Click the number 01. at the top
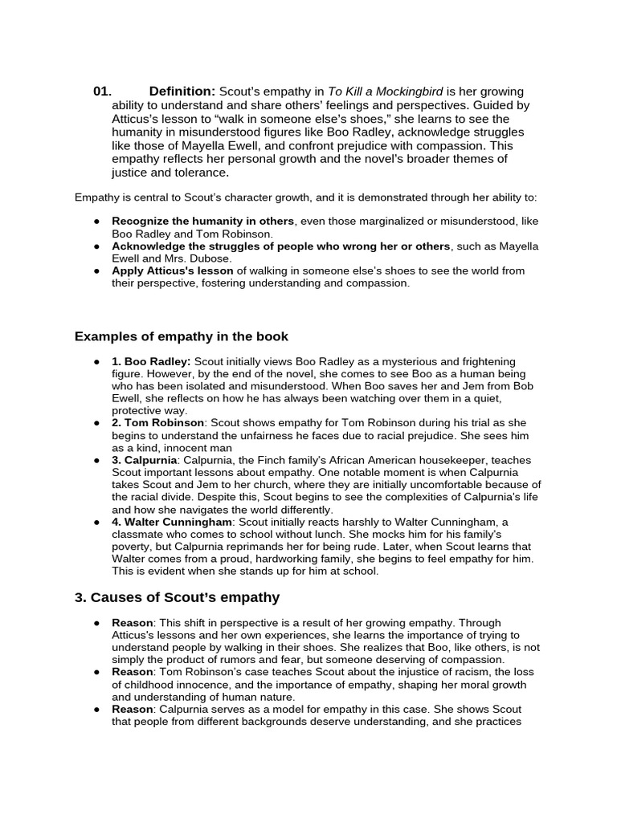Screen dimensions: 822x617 tap(102, 92)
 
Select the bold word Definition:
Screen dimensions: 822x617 tap(182, 92)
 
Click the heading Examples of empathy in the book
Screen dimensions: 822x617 tap(181, 336)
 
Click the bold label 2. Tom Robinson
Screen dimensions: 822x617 tap(159, 422)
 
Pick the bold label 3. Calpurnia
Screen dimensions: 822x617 tap(145, 460)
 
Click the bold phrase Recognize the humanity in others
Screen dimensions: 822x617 tap(203, 221)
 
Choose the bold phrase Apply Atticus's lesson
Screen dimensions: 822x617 tap(173, 271)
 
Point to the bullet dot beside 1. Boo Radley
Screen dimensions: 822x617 tap(96, 362)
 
